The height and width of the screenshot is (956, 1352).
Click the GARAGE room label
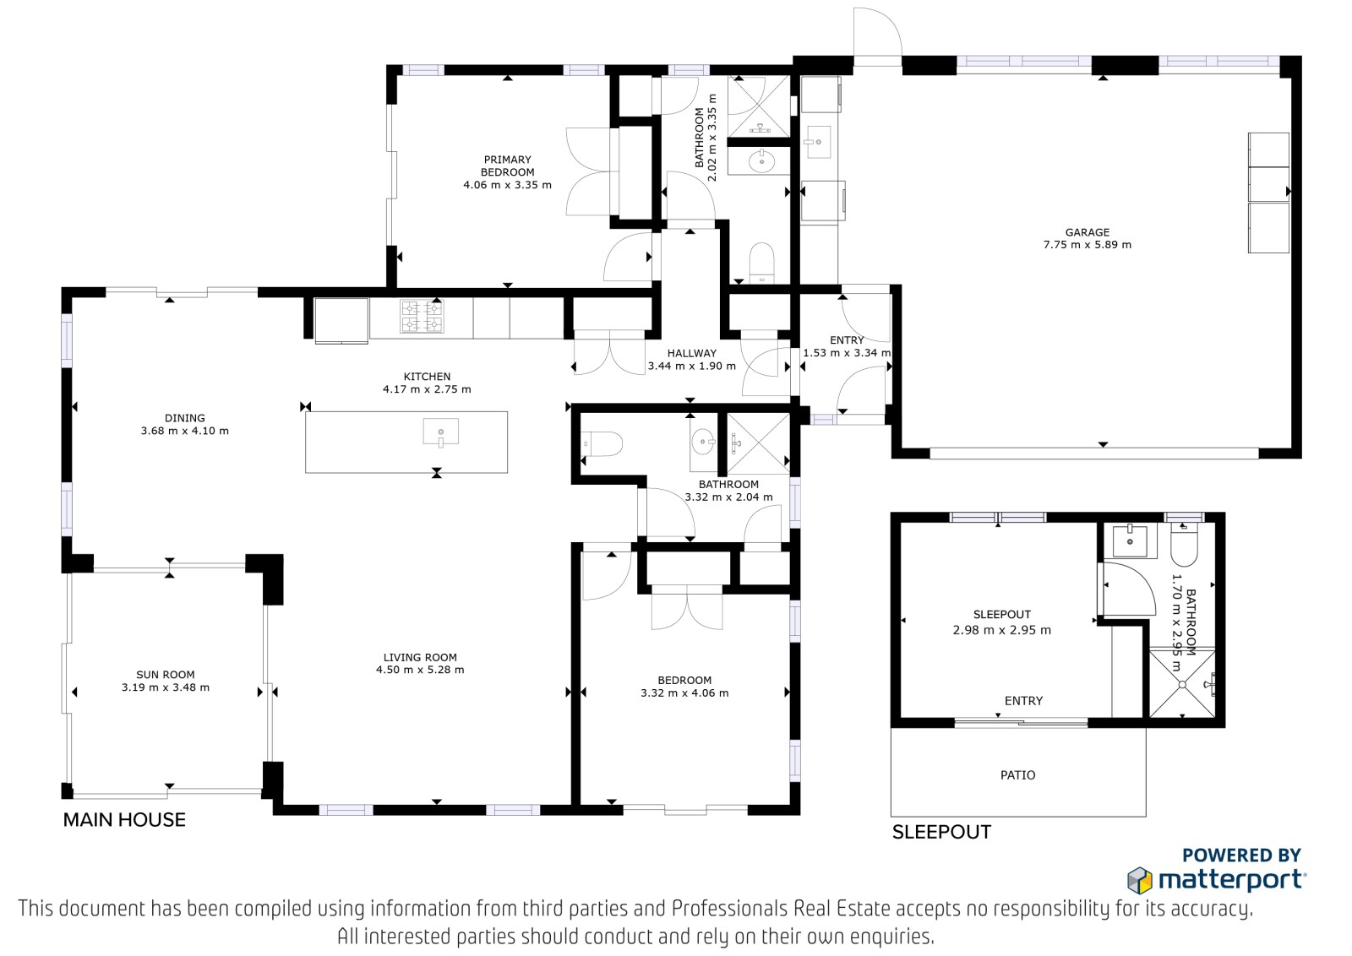pyautogui.click(x=1087, y=232)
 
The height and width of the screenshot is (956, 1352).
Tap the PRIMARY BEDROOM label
pyautogui.click(x=507, y=166)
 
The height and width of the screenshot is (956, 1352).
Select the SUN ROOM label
pyautogui.click(x=166, y=675)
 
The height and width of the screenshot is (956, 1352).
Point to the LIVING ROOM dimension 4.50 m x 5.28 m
pyautogui.click(x=420, y=670)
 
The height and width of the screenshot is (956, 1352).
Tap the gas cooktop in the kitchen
pyautogui.click(x=422, y=316)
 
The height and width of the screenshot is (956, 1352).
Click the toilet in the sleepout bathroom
pyautogui.click(x=1184, y=544)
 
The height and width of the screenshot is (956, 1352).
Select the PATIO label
pyautogui.click(x=1017, y=775)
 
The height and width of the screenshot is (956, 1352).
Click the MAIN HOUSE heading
pyautogui.click(x=124, y=820)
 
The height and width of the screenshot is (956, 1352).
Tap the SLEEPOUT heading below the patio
pyautogui.click(x=941, y=833)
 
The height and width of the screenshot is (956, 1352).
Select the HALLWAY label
pyautogui.click(x=692, y=354)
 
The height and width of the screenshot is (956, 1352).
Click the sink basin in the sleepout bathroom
pyautogui.click(x=1130, y=540)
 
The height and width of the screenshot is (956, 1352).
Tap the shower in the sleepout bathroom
pyautogui.click(x=1182, y=685)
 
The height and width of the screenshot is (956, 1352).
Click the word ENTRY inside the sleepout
pyautogui.click(x=1023, y=701)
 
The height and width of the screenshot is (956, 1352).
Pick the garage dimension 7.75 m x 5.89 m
pyautogui.click(x=1087, y=245)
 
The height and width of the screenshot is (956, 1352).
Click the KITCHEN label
pyautogui.click(x=427, y=377)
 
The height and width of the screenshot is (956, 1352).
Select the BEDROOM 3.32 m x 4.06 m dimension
pyautogui.click(x=684, y=693)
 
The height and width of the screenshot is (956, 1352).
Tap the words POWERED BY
pyautogui.click(x=1241, y=856)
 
